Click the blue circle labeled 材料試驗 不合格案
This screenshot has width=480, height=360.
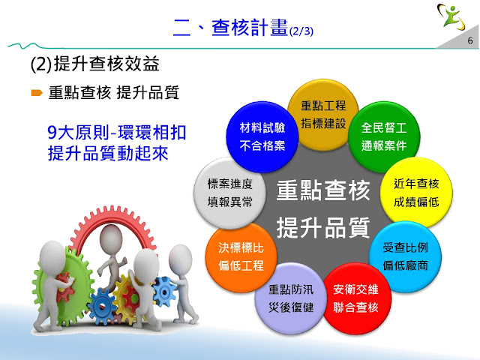coord(262,136)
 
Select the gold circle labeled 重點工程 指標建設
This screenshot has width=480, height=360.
coord(323,115)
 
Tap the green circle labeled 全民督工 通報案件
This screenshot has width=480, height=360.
coord(384,136)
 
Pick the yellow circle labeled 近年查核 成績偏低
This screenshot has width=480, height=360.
coord(416,193)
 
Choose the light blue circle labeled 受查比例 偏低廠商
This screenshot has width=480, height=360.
coord(405,256)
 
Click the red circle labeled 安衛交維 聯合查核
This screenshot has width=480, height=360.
coord(355,298)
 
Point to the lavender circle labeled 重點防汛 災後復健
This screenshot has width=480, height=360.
coord(291,298)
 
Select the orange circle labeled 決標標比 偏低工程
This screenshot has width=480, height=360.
coord(241,256)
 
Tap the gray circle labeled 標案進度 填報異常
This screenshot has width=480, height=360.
coord(230,193)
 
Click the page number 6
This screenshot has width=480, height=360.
coord(470,40)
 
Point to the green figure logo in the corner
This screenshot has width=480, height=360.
coord(451,16)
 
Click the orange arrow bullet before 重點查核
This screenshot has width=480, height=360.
coord(37,92)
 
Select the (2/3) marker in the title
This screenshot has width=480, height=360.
coord(301,31)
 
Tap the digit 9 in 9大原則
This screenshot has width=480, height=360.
coord(52,133)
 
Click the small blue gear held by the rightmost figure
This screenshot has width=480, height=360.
coord(164,292)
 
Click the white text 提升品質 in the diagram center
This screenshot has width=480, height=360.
coord(323,228)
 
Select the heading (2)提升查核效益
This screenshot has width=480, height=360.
coord(95,64)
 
